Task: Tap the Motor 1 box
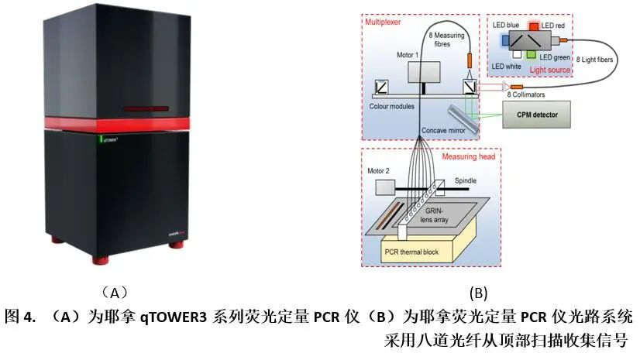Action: (x=425, y=71)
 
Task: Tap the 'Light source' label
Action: (x=550, y=70)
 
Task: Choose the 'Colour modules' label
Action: (x=392, y=106)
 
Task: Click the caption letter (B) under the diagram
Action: (x=478, y=293)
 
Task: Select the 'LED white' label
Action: (x=509, y=67)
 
